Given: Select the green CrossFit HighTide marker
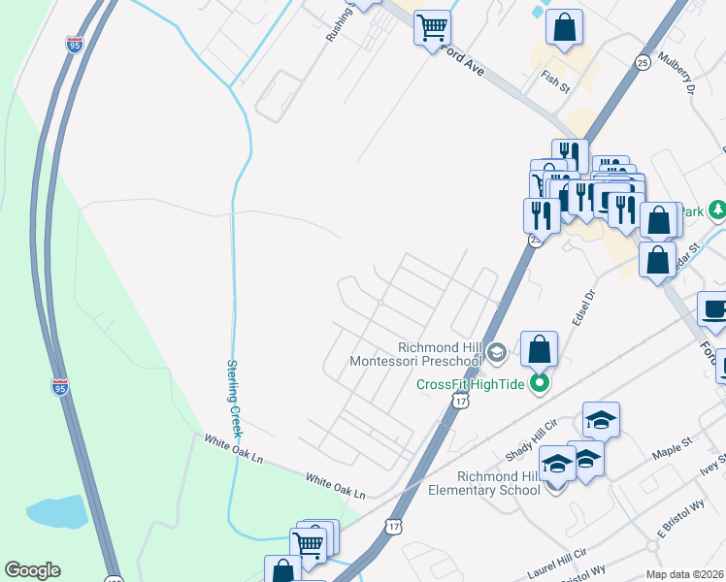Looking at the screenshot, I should pyautogui.click(x=539, y=384).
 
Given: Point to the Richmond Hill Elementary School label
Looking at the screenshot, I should pyautogui.click(x=484, y=483).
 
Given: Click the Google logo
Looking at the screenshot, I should pyautogui.click(x=32, y=570).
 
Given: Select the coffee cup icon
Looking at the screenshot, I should pyautogui.click(x=714, y=309).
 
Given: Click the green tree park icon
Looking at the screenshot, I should pyautogui.click(x=717, y=210).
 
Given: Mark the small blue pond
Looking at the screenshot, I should pyautogui.click(x=58, y=511).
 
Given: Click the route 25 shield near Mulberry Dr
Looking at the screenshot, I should pyautogui.click(x=643, y=62).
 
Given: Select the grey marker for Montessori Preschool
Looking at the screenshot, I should pyautogui.click(x=497, y=351).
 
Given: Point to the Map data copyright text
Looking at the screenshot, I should pyautogui.click(x=685, y=574).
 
